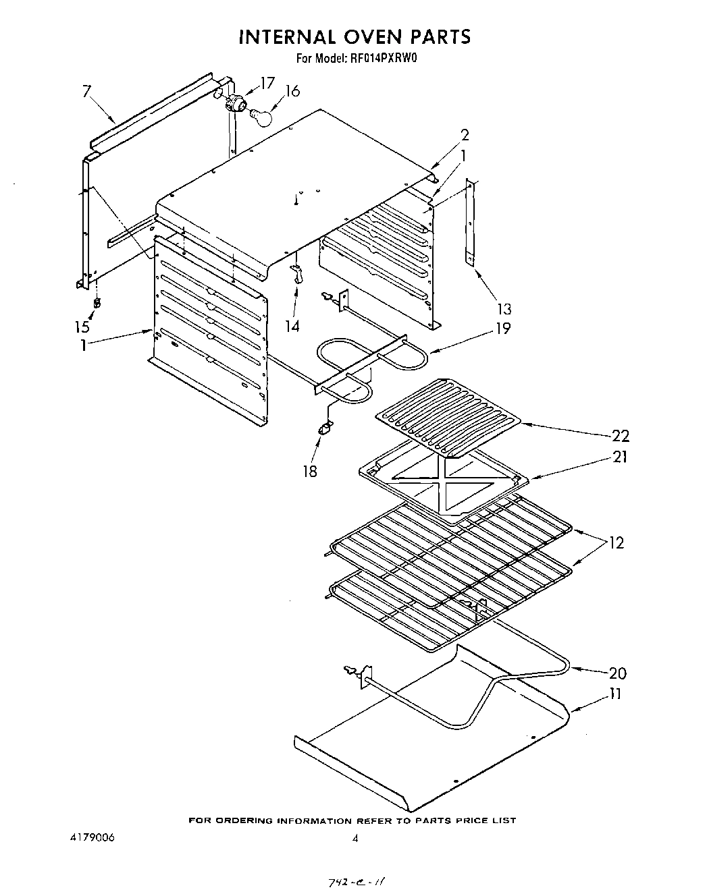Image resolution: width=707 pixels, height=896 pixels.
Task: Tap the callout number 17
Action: [x=267, y=82]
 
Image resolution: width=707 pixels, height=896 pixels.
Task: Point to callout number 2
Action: [x=465, y=134]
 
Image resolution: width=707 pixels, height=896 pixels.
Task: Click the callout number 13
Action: [x=504, y=309]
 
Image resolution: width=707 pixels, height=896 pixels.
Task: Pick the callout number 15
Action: [x=82, y=327]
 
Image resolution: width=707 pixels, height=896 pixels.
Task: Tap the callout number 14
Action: [x=292, y=326]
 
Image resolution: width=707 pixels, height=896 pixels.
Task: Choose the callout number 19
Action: [x=502, y=329]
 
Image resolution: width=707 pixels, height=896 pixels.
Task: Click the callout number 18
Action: [x=309, y=471]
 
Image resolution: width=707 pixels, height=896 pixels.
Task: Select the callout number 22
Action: [x=620, y=435]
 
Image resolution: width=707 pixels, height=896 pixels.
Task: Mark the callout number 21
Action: [x=620, y=457]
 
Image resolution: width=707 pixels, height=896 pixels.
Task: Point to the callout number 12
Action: [x=616, y=542]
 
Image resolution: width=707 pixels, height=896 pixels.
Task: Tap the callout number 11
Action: [x=616, y=694]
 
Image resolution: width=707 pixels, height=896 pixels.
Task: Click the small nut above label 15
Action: [x=97, y=303]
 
